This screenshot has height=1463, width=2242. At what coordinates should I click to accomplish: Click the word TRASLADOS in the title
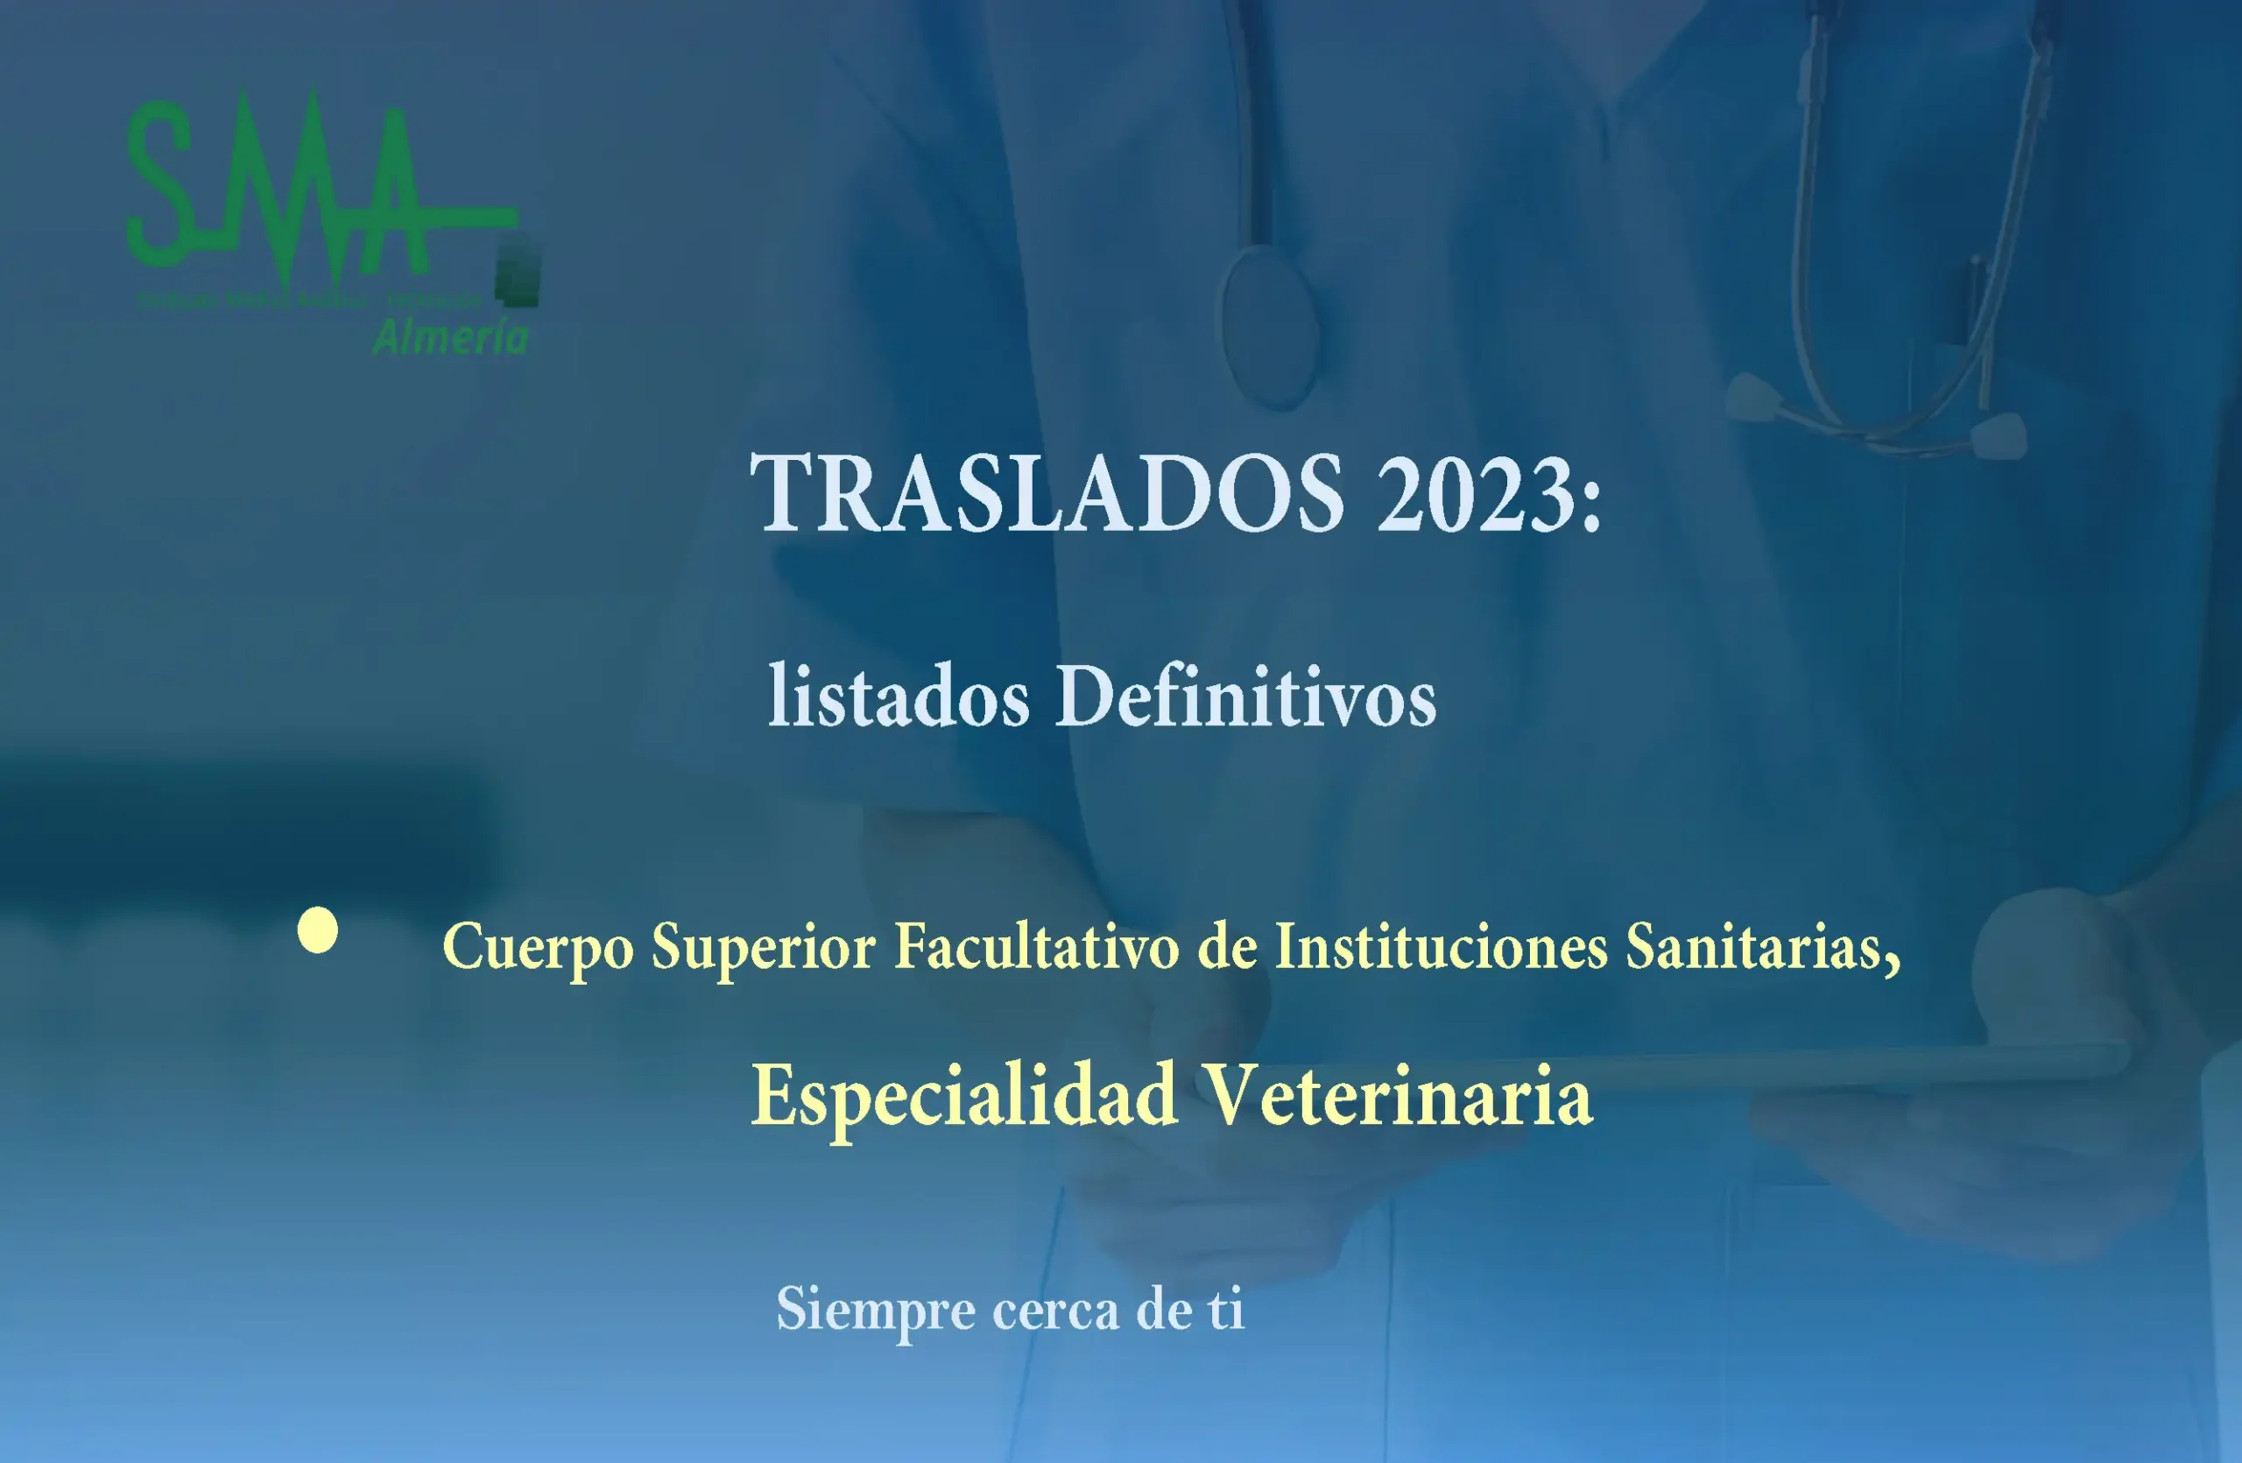pyautogui.click(x=1047, y=493)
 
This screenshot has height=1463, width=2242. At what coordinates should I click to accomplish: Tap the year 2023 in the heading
pyautogui.click(x=1471, y=493)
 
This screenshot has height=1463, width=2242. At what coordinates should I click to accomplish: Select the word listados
pyautogui.click(x=899, y=697)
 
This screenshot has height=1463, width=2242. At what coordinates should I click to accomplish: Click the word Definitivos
pyautogui.click(x=1245, y=697)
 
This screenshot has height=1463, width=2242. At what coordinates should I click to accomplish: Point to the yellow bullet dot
pyautogui.click(x=317, y=930)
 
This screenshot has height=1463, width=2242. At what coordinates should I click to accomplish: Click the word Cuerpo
pyautogui.click(x=538, y=948)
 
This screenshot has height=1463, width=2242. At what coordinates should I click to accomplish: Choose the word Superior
pyautogui.click(x=763, y=946)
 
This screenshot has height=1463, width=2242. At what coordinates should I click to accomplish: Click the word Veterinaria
pyautogui.click(x=1399, y=1095)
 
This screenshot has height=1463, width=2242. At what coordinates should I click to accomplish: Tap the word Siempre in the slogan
pyautogui.click(x=875, y=1311)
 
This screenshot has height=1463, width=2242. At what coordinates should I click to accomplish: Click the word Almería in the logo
pyautogui.click(x=450, y=337)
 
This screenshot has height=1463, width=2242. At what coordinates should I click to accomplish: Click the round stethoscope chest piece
pyautogui.click(x=1269, y=325)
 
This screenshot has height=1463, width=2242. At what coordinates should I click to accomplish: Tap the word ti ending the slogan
pyautogui.click(x=1225, y=1309)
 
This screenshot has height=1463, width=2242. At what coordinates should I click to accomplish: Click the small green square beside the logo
pyautogui.click(x=518, y=273)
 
